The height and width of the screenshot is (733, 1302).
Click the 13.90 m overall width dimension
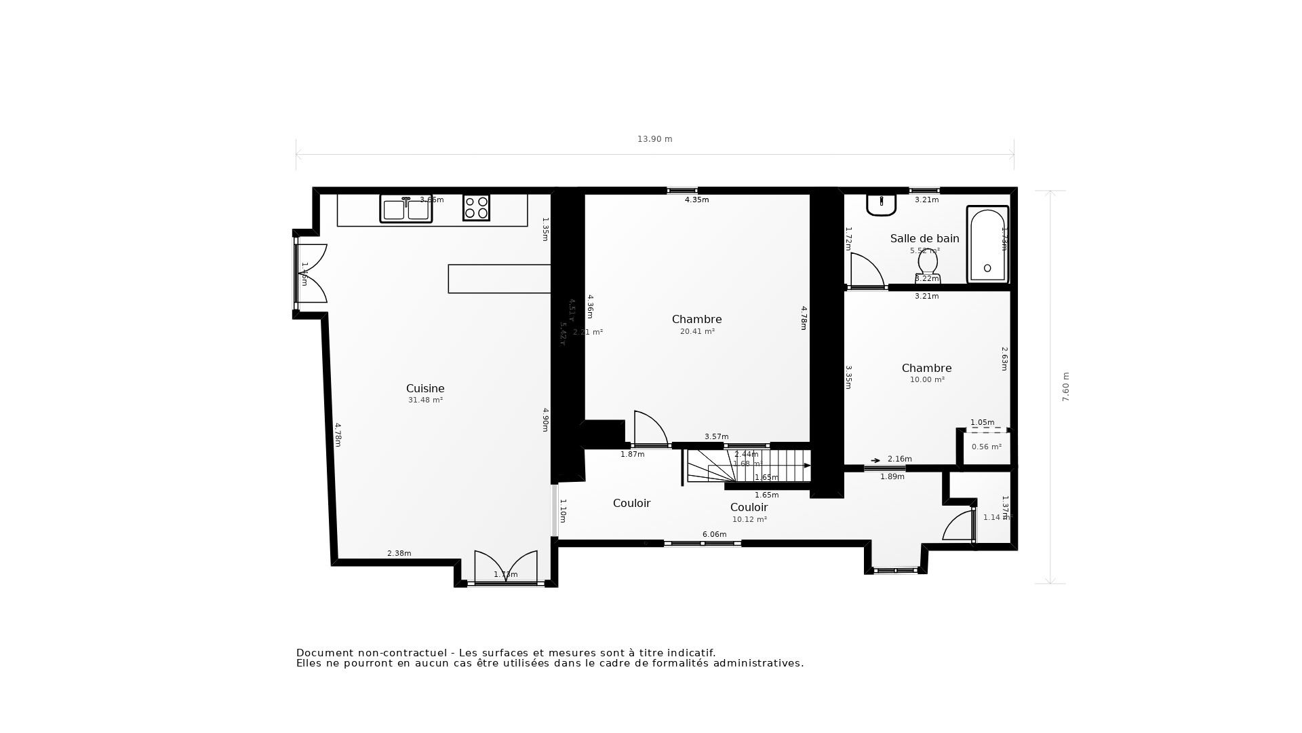pyautogui.click(x=654, y=139)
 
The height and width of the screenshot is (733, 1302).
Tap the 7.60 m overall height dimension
pyautogui.click(x=1065, y=387)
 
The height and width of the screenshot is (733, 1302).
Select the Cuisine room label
pyautogui.click(x=425, y=389)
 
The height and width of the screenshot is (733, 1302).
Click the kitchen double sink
pyautogui.click(x=406, y=209)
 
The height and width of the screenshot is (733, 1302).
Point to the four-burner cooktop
pyautogui.click(x=476, y=208)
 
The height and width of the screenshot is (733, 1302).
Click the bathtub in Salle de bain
pyautogui.click(x=987, y=244)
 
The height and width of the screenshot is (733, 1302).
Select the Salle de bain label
pyautogui.click(x=924, y=239)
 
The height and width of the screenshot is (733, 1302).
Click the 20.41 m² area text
pyautogui.click(x=697, y=332)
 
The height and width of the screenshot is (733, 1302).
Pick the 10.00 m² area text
pyautogui.click(x=927, y=380)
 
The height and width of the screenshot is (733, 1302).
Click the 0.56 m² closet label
pyautogui.click(x=986, y=447)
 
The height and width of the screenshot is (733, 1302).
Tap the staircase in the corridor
pyautogui.click(x=749, y=466)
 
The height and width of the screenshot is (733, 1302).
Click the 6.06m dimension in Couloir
pyautogui.click(x=714, y=535)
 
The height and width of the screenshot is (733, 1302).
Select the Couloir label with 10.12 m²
pyautogui.click(x=749, y=508)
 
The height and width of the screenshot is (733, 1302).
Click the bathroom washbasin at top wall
pyautogui.click(x=881, y=204)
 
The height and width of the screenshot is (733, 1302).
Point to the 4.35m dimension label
pyautogui.click(x=696, y=200)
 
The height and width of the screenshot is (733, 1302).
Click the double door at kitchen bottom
pyautogui.click(x=505, y=567)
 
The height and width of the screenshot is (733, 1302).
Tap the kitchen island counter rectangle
pyautogui.click(x=499, y=279)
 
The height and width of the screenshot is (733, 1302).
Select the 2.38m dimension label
pyautogui.click(x=399, y=554)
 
